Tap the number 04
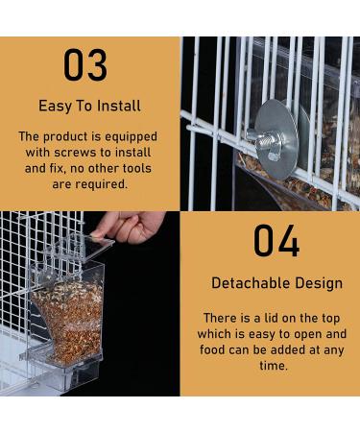276,242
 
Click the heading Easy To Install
88,106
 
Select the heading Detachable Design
276,283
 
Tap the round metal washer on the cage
276,139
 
